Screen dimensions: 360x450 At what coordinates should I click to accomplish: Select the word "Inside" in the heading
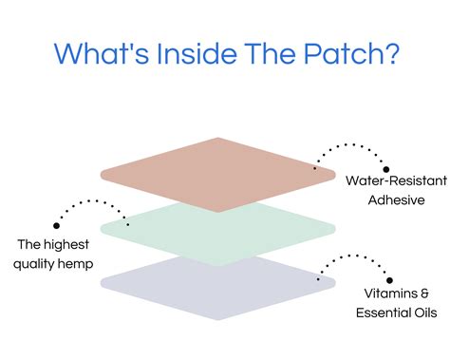(x=194, y=52)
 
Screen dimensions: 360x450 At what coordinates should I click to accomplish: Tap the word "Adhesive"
(x=390, y=200)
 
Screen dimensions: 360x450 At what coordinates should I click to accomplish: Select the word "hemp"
(x=79, y=263)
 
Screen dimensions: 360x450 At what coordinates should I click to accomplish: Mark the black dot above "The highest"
(x=57, y=225)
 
